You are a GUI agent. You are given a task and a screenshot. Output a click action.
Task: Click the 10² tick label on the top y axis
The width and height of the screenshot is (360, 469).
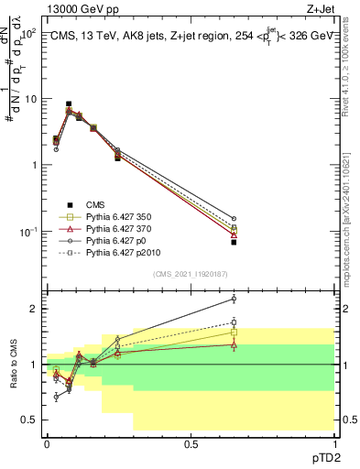click(27, 33)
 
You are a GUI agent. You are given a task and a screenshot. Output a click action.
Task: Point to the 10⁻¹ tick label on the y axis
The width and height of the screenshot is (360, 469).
click(27, 232)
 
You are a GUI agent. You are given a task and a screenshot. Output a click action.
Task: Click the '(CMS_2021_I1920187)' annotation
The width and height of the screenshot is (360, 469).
click(191, 274)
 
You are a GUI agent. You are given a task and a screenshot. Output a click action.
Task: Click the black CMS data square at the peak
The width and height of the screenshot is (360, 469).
click(69, 104)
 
